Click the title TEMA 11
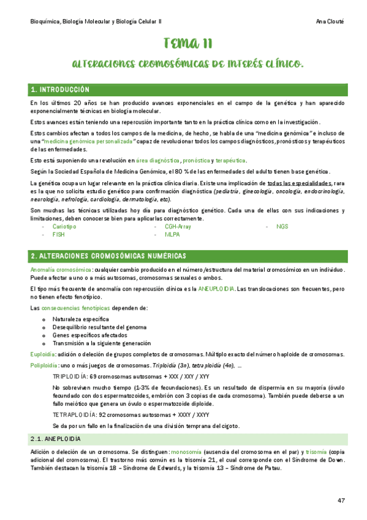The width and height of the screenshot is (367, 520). [188, 43]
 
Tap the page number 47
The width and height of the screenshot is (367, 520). [341, 500]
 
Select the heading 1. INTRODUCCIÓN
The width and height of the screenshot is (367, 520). [60, 90]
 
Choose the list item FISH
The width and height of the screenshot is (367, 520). [59, 234]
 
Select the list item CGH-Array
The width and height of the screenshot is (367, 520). [178, 226]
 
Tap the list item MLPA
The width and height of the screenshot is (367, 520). [172, 234]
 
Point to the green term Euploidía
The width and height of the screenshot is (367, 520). [44, 354]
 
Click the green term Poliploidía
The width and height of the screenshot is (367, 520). [45, 365]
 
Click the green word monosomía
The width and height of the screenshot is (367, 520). [187, 452]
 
